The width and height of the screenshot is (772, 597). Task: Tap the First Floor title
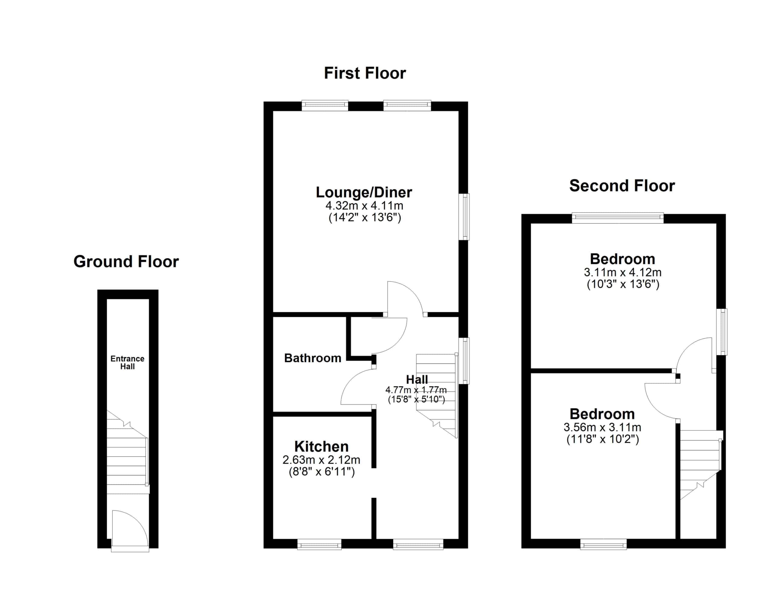point(365,73)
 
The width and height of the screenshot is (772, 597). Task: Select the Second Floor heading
point(622,186)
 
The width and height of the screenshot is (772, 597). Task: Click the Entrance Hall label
point(127,362)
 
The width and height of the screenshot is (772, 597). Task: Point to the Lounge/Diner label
point(364,192)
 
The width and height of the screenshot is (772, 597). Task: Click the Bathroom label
point(312,358)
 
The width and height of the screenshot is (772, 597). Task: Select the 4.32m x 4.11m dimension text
point(364,205)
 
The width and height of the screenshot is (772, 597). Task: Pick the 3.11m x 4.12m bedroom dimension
point(623,272)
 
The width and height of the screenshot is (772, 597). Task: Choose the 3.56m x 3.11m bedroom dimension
point(602,427)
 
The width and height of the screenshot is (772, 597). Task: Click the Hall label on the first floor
point(417,379)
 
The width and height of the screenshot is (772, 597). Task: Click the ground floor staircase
point(127,452)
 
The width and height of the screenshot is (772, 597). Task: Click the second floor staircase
point(700,464)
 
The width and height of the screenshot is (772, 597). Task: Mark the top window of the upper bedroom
point(618,218)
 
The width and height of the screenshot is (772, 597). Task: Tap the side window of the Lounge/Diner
point(464,217)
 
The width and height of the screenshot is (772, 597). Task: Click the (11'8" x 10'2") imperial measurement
point(603,439)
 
